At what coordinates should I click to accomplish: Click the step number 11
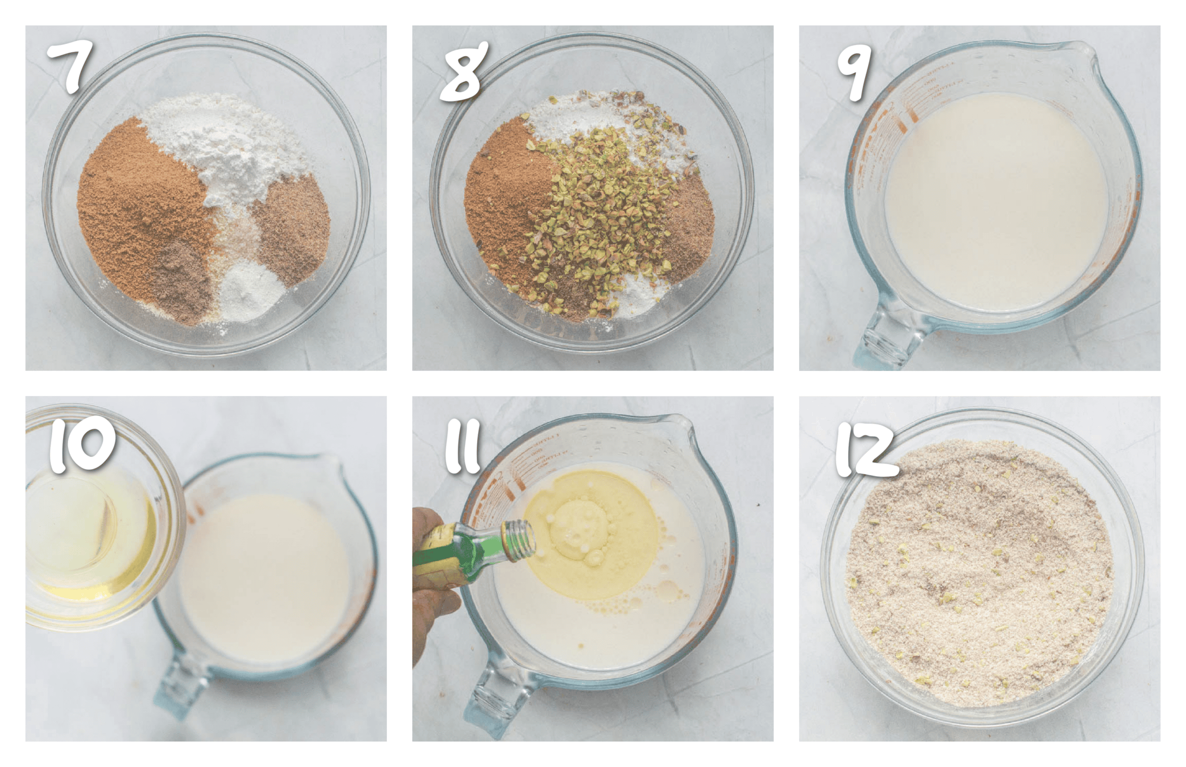462,446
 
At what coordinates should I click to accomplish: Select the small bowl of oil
92,528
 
